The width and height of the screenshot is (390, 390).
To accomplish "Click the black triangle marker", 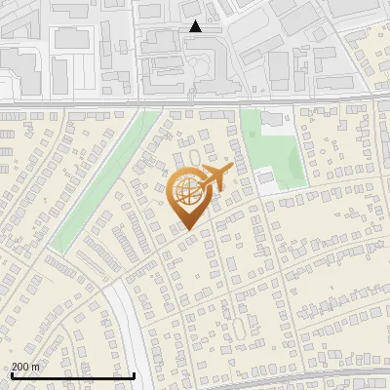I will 196,26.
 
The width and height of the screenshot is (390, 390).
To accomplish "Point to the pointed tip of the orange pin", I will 188,228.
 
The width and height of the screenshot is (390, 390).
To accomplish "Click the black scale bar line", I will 73,375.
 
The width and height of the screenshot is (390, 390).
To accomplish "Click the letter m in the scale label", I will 36,367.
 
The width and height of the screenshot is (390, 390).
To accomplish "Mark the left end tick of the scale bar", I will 12,373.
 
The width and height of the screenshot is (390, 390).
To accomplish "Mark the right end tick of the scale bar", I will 134,373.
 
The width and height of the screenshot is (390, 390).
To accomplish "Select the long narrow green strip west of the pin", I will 102,185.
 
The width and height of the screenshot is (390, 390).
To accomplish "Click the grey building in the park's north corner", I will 271,119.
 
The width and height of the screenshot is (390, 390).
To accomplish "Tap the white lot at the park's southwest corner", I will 263,179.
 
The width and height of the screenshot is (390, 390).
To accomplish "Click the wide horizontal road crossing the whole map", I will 195,101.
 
